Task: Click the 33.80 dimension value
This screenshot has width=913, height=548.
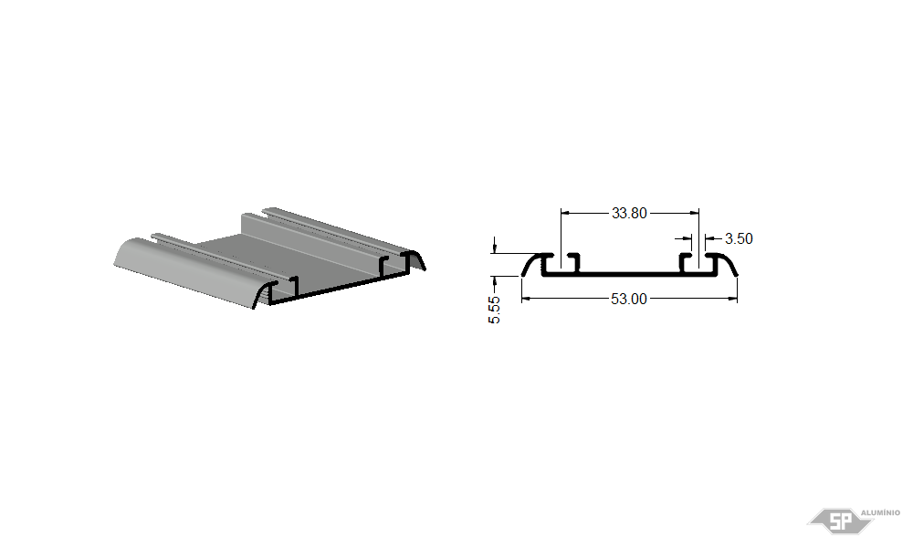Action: (629, 213)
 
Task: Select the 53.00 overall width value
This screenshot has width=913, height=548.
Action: (629, 299)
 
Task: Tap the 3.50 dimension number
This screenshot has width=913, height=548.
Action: (739, 238)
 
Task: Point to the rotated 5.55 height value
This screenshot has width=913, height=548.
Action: (494, 310)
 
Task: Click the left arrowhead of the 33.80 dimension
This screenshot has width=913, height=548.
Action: (565, 213)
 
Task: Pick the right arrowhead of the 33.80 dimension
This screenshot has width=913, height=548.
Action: (695, 213)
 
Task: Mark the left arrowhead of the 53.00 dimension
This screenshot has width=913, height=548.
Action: (526, 299)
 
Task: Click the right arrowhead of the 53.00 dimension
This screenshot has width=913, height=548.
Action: (732, 299)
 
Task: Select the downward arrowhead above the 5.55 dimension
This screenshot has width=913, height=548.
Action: (494, 248)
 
